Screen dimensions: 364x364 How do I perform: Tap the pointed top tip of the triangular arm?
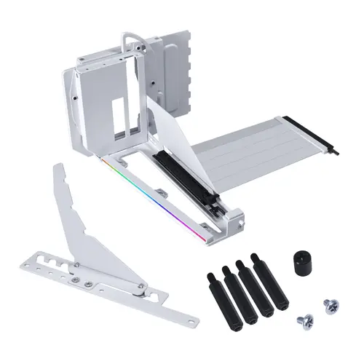(60, 168)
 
